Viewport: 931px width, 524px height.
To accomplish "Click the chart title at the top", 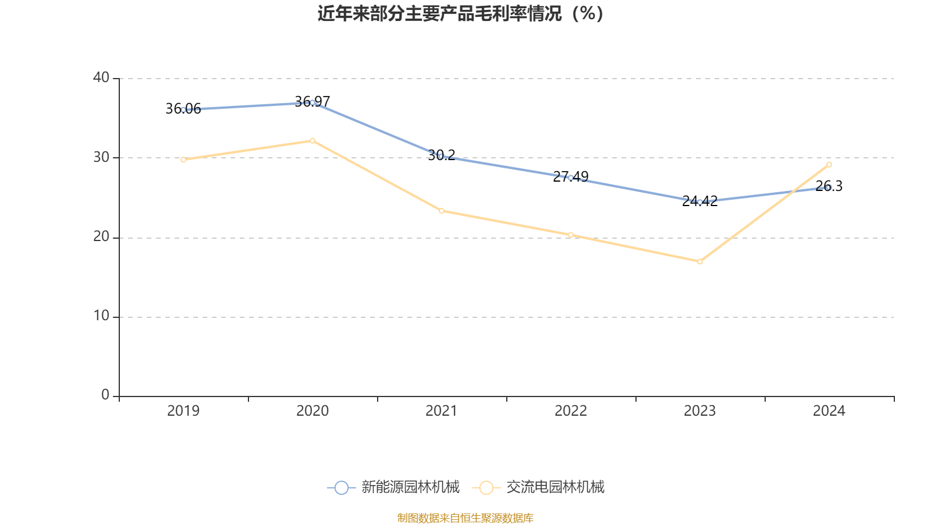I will [461, 13].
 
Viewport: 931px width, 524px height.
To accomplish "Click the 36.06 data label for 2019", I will [183, 109].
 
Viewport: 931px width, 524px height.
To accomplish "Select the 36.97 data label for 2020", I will [312, 102].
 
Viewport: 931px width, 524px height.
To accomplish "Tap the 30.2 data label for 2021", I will [442, 155].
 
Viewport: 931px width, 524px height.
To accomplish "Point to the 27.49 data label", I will [571, 176].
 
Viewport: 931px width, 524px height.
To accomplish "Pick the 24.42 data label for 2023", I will [700, 201].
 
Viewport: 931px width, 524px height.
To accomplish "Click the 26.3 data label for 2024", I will [829, 186].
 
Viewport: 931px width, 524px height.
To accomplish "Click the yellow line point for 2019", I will [183, 160].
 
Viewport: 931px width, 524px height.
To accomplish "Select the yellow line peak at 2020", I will [312, 140].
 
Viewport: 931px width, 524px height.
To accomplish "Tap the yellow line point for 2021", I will [442, 211].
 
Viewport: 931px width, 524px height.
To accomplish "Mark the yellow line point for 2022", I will [571, 235].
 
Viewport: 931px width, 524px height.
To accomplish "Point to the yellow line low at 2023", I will [700, 261].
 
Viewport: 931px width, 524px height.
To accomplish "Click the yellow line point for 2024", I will [829, 164].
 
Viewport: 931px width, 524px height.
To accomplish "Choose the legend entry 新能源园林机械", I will [410, 487].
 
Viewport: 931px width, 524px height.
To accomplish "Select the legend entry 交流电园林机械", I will [555, 487].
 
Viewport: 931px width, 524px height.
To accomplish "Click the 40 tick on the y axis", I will [101, 77].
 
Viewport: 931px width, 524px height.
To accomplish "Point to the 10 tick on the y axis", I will [101, 316].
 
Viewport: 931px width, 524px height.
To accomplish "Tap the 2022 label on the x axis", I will [571, 411].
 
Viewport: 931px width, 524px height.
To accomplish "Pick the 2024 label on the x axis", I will [829, 411].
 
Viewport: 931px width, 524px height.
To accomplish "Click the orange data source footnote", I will [465, 518].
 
